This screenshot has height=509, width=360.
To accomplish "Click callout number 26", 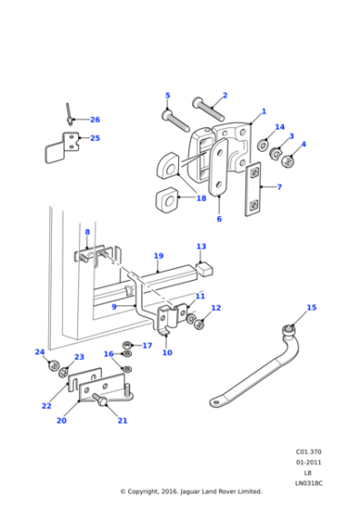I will click(95, 120).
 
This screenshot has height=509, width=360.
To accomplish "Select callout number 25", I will click(95, 138).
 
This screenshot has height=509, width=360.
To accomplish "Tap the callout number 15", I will click(312, 308).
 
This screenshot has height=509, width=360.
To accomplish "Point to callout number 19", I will click(158, 256).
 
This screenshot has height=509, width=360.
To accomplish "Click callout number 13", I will click(201, 246).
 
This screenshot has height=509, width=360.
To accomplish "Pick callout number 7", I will click(278, 187).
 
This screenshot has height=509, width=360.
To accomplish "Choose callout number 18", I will click(201, 198).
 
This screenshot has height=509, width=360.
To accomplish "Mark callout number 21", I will click(122, 421).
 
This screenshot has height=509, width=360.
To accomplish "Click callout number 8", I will click(87, 233).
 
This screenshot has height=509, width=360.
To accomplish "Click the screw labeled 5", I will click(173, 119).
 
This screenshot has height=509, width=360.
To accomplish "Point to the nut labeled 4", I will click(288, 162).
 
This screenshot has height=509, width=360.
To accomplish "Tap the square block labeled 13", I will click(205, 269).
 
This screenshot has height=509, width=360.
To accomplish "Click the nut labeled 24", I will click(50, 367).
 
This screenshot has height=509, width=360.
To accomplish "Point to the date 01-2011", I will click(309, 461).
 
